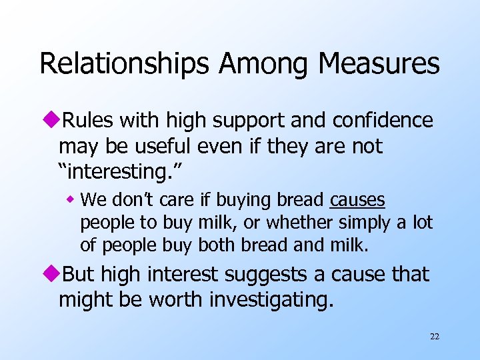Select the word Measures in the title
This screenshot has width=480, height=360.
point(379,64)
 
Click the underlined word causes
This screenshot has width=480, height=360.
point(357,201)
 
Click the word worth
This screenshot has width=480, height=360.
point(176,300)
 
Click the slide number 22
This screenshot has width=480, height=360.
point(434,337)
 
